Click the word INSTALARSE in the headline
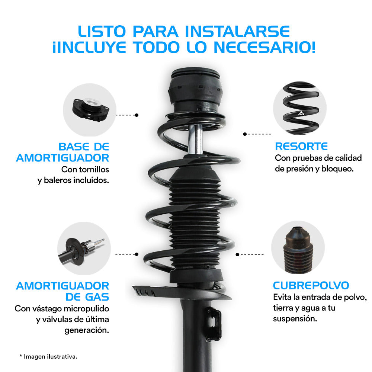(x=237, y=32)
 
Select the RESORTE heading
(x=301, y=146)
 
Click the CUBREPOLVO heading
(x=311, y=285)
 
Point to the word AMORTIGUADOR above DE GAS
(x=62, y=286)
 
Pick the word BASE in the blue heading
(x=74, y=147)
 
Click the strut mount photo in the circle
(x=90, y=110)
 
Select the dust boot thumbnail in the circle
(x=298, y=250)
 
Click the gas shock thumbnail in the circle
(x=81, y=251)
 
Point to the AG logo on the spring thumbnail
(x=301, y=113)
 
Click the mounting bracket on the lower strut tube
(x=214, y=324)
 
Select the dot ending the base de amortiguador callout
(x=137, y=115)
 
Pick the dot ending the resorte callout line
(x=245, y=134)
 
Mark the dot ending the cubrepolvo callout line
(x=237, y=254)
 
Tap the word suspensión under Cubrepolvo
(x=295, y=319)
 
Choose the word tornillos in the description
(x=94, y=169)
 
